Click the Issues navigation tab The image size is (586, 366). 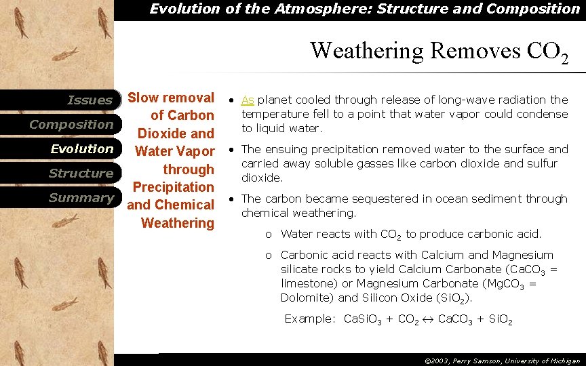click(x=90, y=100)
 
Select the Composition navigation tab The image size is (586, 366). click(x=71, y=125)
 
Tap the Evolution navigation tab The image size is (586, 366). click(x=82, y=149)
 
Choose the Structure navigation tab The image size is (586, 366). click(x=81, y=174)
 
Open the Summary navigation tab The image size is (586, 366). click(x=81, y=198)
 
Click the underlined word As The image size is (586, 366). click(x=248, y=100)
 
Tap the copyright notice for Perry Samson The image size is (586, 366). click(x=502, y=361)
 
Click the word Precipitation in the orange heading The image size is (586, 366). click(x=173, y=187)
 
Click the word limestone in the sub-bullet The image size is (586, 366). click(x=306, y=283)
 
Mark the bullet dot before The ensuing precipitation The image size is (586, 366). click(x=232, y=150)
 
